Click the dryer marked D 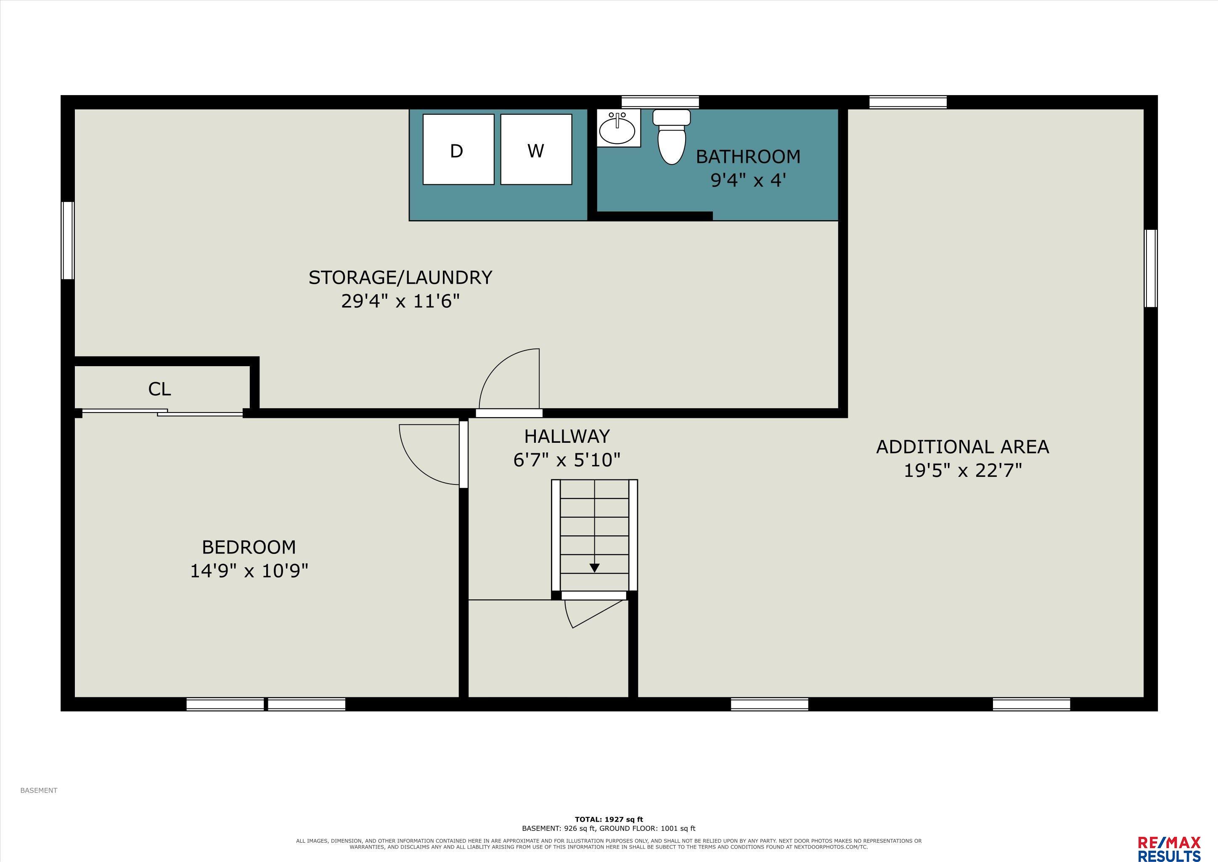(458, 150)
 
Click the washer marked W (536, 150)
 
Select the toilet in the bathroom (672, 137)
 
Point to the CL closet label (160, 389)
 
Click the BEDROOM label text (249, 547)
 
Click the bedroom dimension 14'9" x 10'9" (249, 571)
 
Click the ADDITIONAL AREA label (962, 447)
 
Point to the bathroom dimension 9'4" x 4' (748, 181)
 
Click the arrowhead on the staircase (595, 567)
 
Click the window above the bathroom (660, 102)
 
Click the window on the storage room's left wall (67, 240)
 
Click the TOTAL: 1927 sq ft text (609, 819)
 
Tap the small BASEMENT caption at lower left (39, 790)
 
